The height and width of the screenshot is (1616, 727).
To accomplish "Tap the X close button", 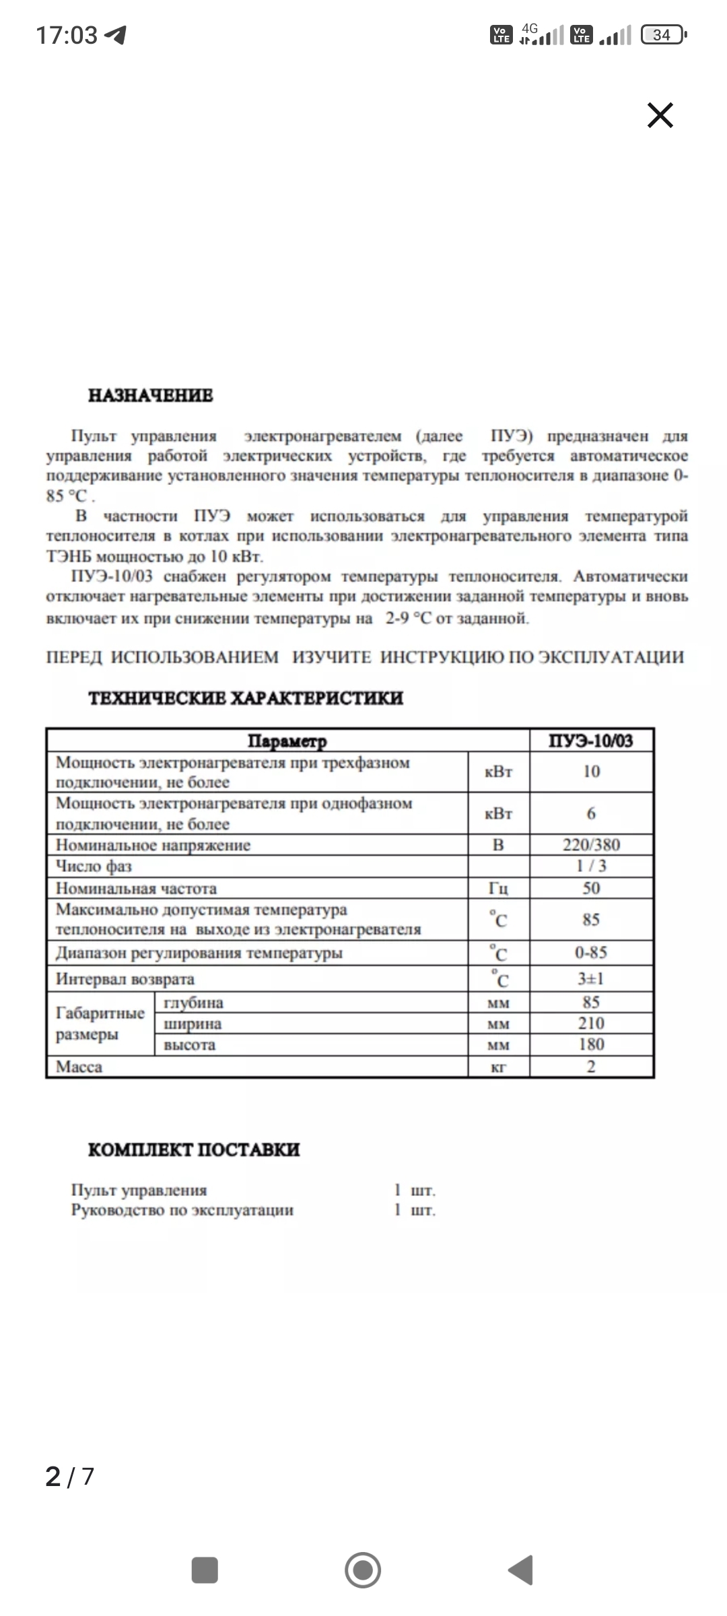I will (660, 115).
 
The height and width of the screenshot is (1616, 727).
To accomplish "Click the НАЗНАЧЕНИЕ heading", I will (151, 395).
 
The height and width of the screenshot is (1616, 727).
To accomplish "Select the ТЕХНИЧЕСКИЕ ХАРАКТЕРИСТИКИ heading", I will (246, 698).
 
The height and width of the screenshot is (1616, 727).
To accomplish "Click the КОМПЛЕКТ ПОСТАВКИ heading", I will (194, 1149).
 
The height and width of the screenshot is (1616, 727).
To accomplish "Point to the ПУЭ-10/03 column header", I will (591, 741).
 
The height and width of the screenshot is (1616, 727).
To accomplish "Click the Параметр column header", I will (287, 741).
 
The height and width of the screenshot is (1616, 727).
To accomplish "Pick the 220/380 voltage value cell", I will (591, 845).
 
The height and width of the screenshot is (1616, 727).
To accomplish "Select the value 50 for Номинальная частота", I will (591, 888).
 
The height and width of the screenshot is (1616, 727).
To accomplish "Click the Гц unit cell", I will (498, 888).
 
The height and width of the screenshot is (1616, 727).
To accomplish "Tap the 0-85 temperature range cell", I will (591, 953).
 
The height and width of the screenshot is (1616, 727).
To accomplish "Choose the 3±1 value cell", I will (591, 979).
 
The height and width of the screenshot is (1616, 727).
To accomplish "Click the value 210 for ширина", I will (591, 1023).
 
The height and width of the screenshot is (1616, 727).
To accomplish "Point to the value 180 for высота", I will (591, 1044).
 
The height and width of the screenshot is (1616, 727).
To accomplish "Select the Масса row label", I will (79, 1067).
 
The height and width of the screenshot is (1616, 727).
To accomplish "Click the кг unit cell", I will (498, 1067).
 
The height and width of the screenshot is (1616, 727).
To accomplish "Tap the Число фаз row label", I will (94, 866).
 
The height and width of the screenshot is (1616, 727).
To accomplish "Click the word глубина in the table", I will (193, 1003).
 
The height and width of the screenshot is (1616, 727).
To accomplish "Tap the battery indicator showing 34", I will (663, 34).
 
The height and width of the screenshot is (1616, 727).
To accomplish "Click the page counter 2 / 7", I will (69, 1476).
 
